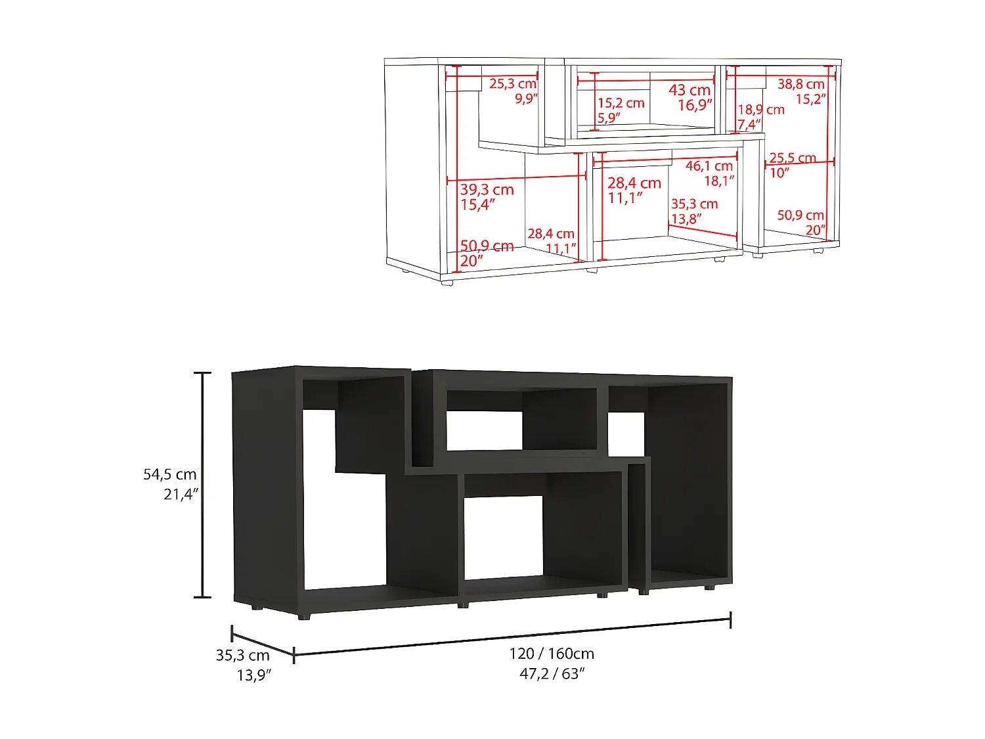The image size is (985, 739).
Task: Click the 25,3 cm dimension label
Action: point(513,84)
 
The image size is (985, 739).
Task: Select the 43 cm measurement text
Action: point(689,90)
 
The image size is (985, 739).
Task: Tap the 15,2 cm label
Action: point(621,103)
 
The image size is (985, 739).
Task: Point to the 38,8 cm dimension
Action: point(800,84)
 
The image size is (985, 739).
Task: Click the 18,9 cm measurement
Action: point(761,110)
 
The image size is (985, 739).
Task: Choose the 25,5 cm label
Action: point(793,158)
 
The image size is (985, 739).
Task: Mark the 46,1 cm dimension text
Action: point(709,166)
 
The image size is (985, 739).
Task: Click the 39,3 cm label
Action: point(487,190)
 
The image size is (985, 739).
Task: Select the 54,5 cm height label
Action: point(170,474)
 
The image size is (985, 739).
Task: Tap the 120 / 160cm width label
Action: point(552,654)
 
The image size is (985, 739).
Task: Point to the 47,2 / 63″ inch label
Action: point(552,673)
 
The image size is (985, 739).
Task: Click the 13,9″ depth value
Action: point(254,675)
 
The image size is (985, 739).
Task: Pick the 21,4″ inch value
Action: point(181,494)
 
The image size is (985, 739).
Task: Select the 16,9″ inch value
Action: point(695,105)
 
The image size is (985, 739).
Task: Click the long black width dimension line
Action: point(512,637)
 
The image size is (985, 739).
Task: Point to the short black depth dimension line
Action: point(263,644)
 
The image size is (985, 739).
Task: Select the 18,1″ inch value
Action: point(719,181)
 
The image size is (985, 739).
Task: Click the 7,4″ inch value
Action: point(749,124)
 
